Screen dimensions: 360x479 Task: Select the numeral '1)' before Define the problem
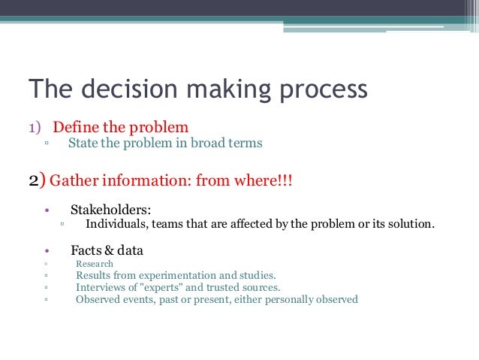click(37, 126)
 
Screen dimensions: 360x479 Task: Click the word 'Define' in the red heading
click(78, 126)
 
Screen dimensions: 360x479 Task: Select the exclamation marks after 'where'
click(284, 181)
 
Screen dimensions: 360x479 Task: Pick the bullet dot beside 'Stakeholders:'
click(47, 210)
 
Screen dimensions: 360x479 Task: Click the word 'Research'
click(95, 264)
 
